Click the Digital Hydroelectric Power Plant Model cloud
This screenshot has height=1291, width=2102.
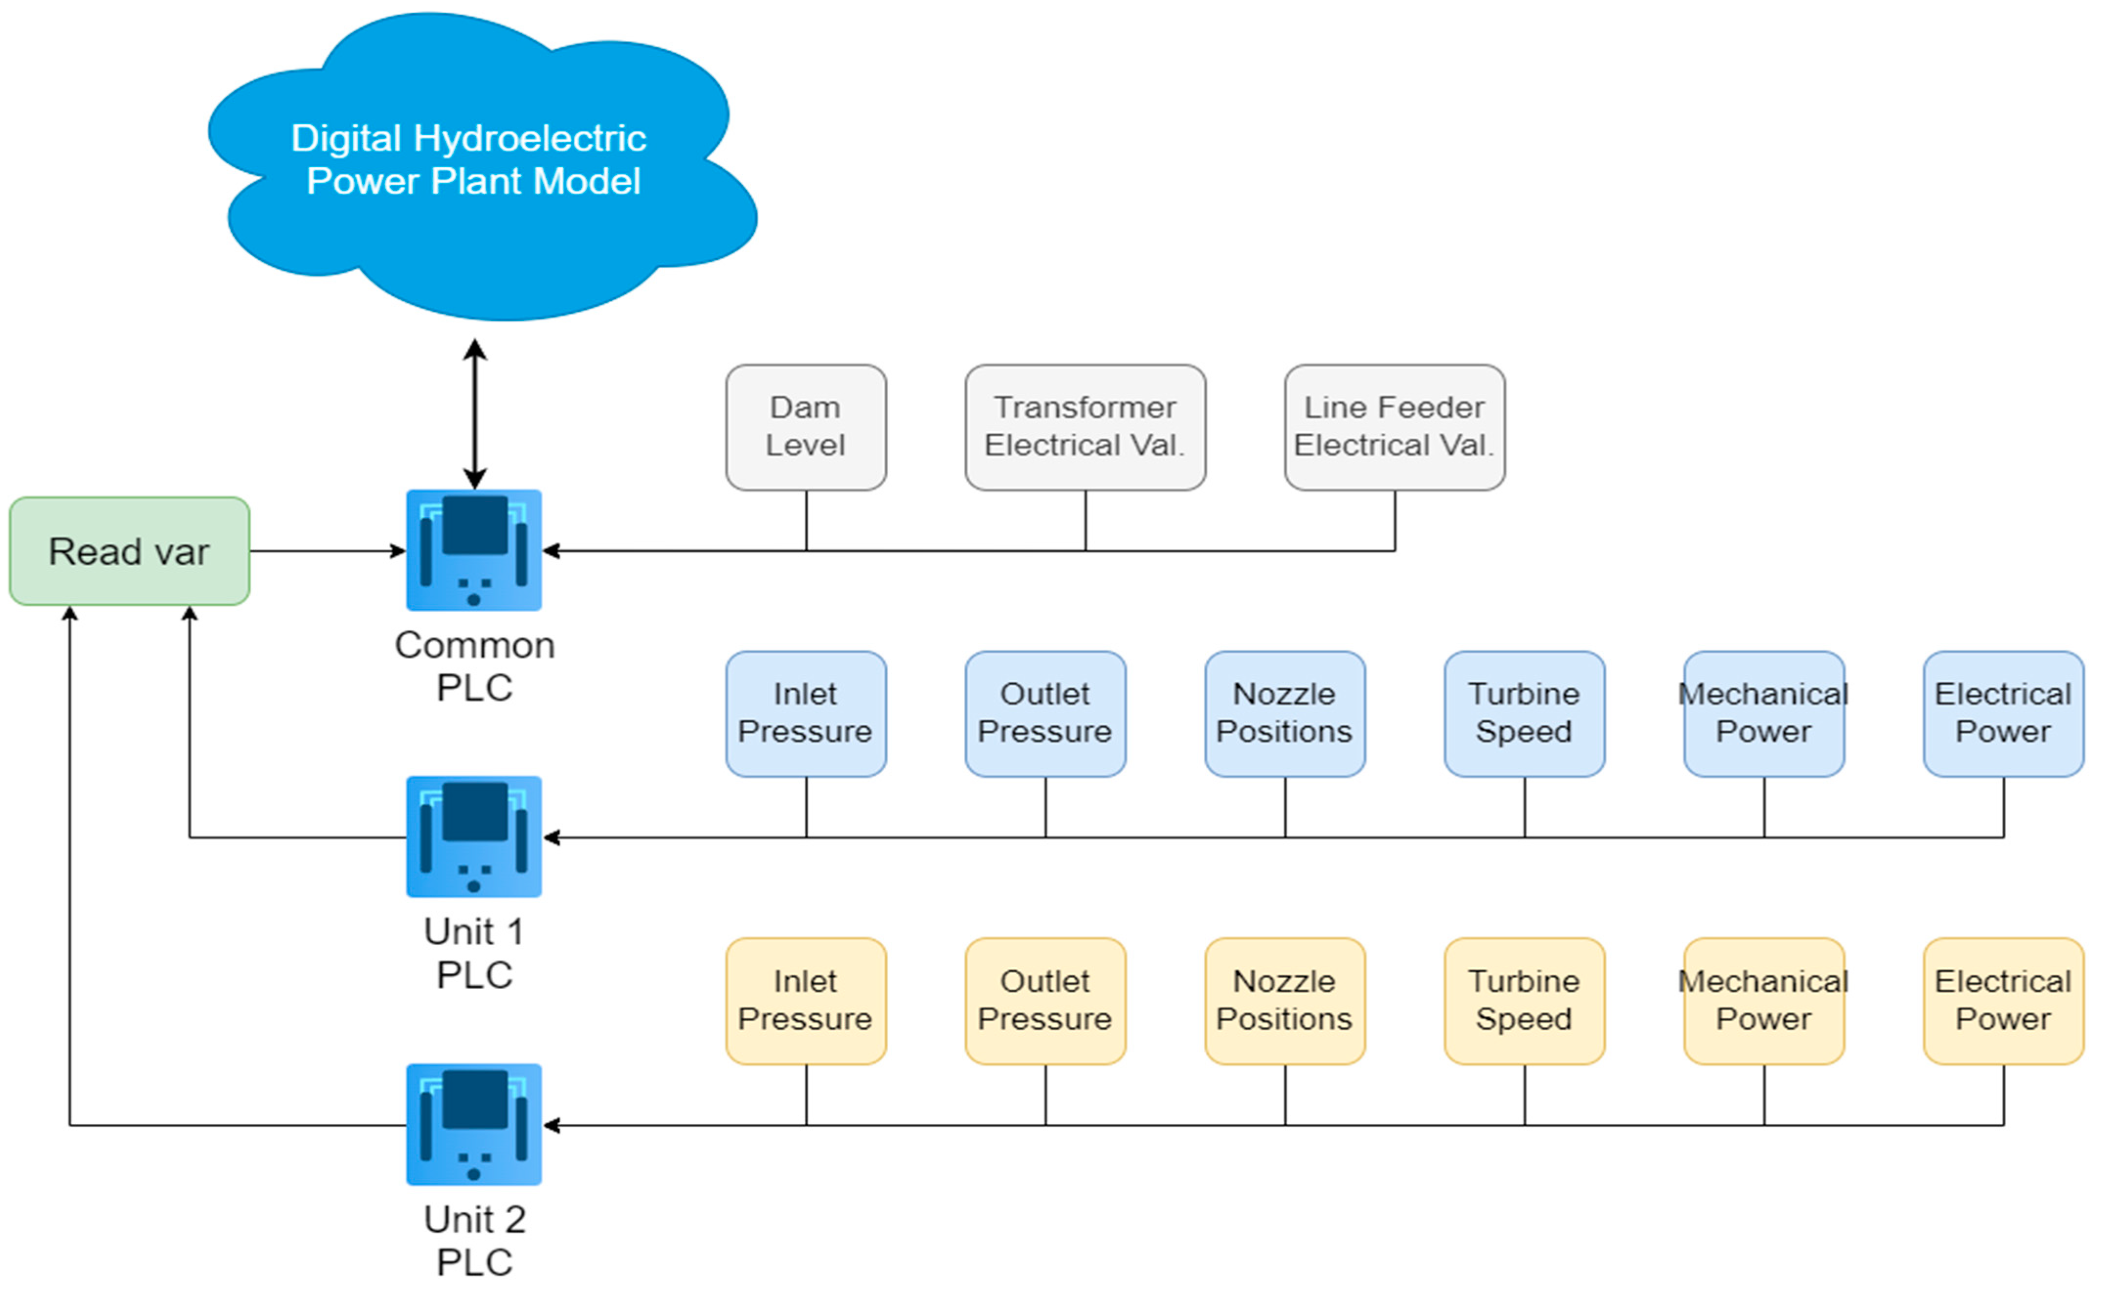(483, 166)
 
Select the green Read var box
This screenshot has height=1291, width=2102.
(130, 552)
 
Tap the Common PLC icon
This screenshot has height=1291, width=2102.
(474, 550)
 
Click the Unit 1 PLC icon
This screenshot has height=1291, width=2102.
(474, 837)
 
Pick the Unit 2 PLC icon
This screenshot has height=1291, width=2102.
(474, 1125)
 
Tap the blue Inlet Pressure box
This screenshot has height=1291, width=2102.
(806, 714)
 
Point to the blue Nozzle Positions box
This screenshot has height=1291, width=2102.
(1285, 714)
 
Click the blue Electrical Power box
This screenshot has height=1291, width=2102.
(2004, 714)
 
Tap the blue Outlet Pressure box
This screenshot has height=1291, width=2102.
(1046, 714)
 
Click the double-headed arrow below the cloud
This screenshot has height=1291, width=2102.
(475, 414)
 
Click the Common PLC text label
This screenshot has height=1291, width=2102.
(475, 666)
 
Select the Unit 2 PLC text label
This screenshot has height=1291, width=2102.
(475, 1241)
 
